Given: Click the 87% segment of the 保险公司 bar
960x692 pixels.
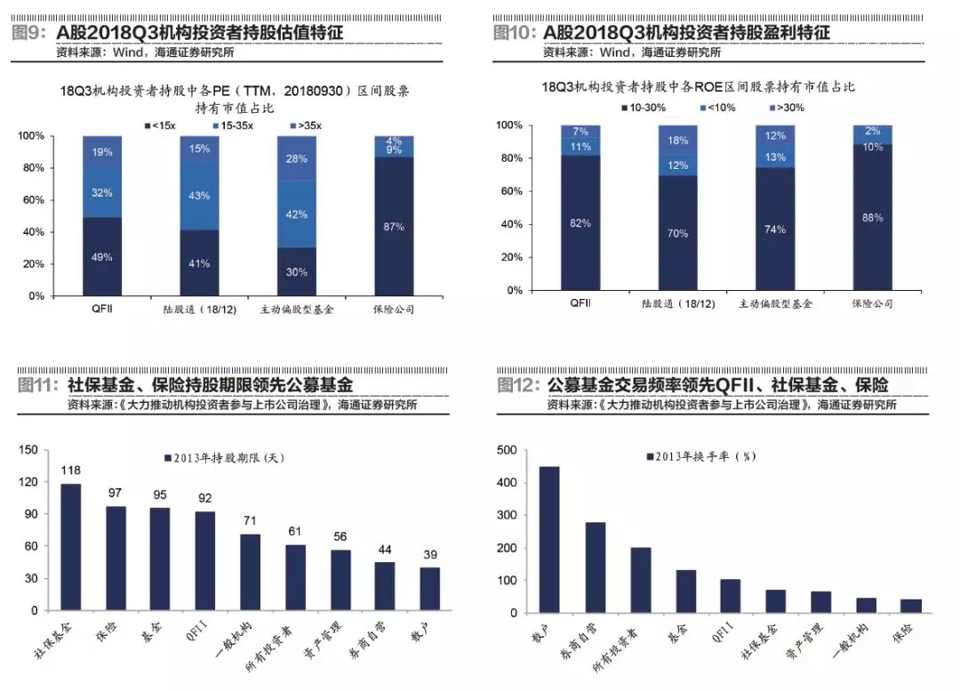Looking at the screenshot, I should (394, 227).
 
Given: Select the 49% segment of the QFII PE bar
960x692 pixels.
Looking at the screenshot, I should (102, 256).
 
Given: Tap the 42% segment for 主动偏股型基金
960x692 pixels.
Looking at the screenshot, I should (297, 214).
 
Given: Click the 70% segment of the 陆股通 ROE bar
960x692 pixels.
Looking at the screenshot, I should (677, 233).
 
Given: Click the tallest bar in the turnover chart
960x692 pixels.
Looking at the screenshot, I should (549, 539).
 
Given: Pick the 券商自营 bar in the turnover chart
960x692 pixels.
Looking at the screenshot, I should (595, 567).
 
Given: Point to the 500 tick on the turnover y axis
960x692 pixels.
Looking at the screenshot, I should (507, 451).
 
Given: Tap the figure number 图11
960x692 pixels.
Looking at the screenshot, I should (37, 384).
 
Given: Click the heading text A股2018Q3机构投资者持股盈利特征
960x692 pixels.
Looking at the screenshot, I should (686, 32).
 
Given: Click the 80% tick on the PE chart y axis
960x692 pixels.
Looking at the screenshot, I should (33, 168).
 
